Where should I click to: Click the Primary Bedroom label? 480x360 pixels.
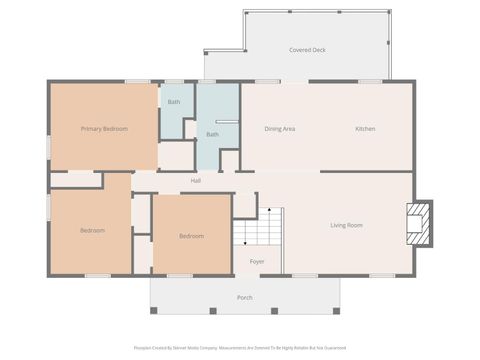tap(104, 128)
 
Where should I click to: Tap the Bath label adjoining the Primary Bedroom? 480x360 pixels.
tap(174, 102)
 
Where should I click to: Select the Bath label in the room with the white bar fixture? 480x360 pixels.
tap(212, 134)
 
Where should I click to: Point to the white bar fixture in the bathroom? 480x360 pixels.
tap(226, 121)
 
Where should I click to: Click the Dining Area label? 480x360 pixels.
tap(279, 128)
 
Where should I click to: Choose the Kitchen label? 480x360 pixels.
tap(365, 128)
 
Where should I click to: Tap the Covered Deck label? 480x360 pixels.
tap(307, 49)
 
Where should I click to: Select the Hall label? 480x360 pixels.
tap(196, 181)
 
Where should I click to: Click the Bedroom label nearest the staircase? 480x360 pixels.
tap(191, 236)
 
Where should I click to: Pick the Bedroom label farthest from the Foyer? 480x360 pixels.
tap(92, 230)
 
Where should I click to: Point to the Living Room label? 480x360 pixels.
tap(347, 225)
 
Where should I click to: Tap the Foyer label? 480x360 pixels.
tap(257, 261)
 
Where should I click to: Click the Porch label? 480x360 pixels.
tap(244, 297)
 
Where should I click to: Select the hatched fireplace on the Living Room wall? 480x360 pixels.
tap(420, 223)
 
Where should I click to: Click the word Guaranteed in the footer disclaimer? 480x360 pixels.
tap(332, 348)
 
